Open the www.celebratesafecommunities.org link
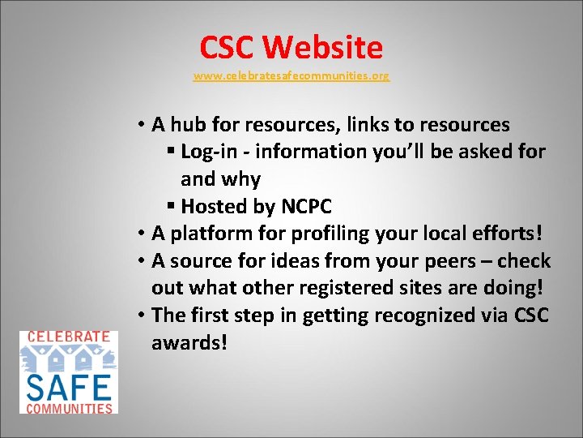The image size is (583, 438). tap(291, 76)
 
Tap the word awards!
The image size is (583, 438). tap(189, 343)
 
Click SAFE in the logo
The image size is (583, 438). tap(69, 384)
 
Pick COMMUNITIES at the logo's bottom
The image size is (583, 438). tap(69, 407)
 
